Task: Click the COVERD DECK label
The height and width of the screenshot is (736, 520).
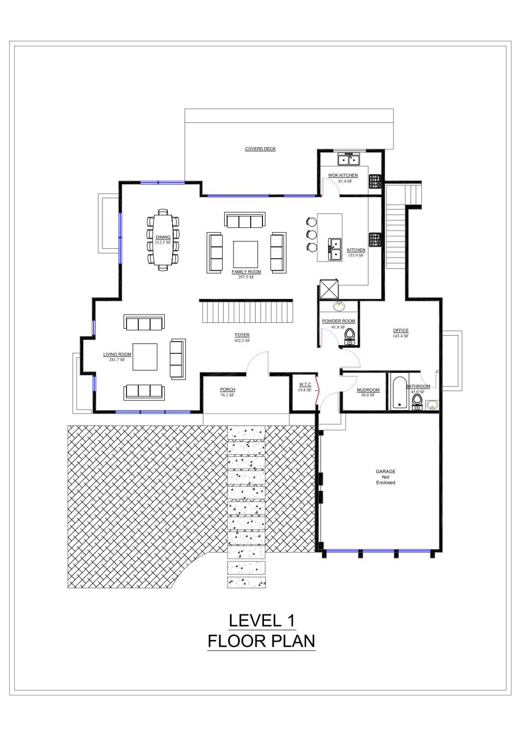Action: (260, 149)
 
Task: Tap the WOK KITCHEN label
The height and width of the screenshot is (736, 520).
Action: (343, 175)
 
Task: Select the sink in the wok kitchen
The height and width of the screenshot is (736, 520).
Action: (349, 159)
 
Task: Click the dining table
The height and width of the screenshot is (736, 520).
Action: (163, 239)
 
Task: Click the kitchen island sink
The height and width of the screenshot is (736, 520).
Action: (335, 249)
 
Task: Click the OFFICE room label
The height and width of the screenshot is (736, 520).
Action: (400, 330)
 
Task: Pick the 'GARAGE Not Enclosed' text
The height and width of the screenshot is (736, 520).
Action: (386, 477)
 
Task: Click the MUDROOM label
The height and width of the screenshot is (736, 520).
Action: (368, 390)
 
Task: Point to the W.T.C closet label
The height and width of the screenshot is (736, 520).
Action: (305, 385)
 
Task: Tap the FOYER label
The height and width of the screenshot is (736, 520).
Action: (242, 335)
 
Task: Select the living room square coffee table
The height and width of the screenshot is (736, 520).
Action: (144, 357)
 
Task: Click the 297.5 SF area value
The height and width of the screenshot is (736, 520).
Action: (246, 277)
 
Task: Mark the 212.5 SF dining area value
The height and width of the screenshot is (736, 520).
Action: (163, 242)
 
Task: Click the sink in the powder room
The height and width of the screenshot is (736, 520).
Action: (338, 307)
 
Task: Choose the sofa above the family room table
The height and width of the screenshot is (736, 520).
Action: (244, 220)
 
